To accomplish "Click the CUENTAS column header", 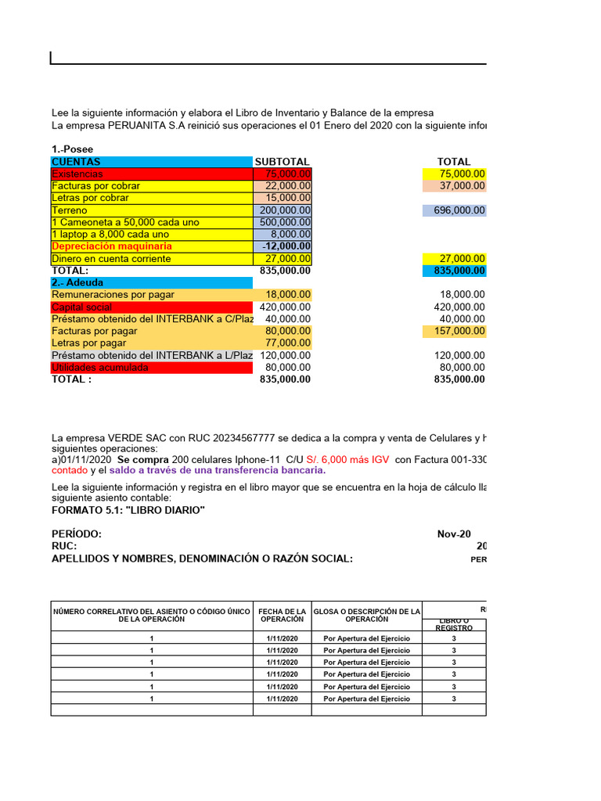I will point(76,162).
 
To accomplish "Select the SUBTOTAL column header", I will point(282,162).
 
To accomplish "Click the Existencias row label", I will point(77,174).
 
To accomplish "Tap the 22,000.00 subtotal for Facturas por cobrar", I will point(283,186).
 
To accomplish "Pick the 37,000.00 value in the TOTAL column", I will point(455,186).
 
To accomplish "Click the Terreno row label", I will point(70,210).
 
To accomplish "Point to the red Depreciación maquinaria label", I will point(111,246).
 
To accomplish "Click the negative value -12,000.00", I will point(286,246).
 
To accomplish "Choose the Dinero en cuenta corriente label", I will point(110,259).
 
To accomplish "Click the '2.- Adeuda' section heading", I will point(77,282).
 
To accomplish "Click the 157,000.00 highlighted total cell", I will point(455,332).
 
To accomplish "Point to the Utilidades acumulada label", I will point(99,368).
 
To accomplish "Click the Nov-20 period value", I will point(454,534).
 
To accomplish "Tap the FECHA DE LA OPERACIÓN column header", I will point(281,615).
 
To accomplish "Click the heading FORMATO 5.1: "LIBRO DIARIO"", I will point(128,510).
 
